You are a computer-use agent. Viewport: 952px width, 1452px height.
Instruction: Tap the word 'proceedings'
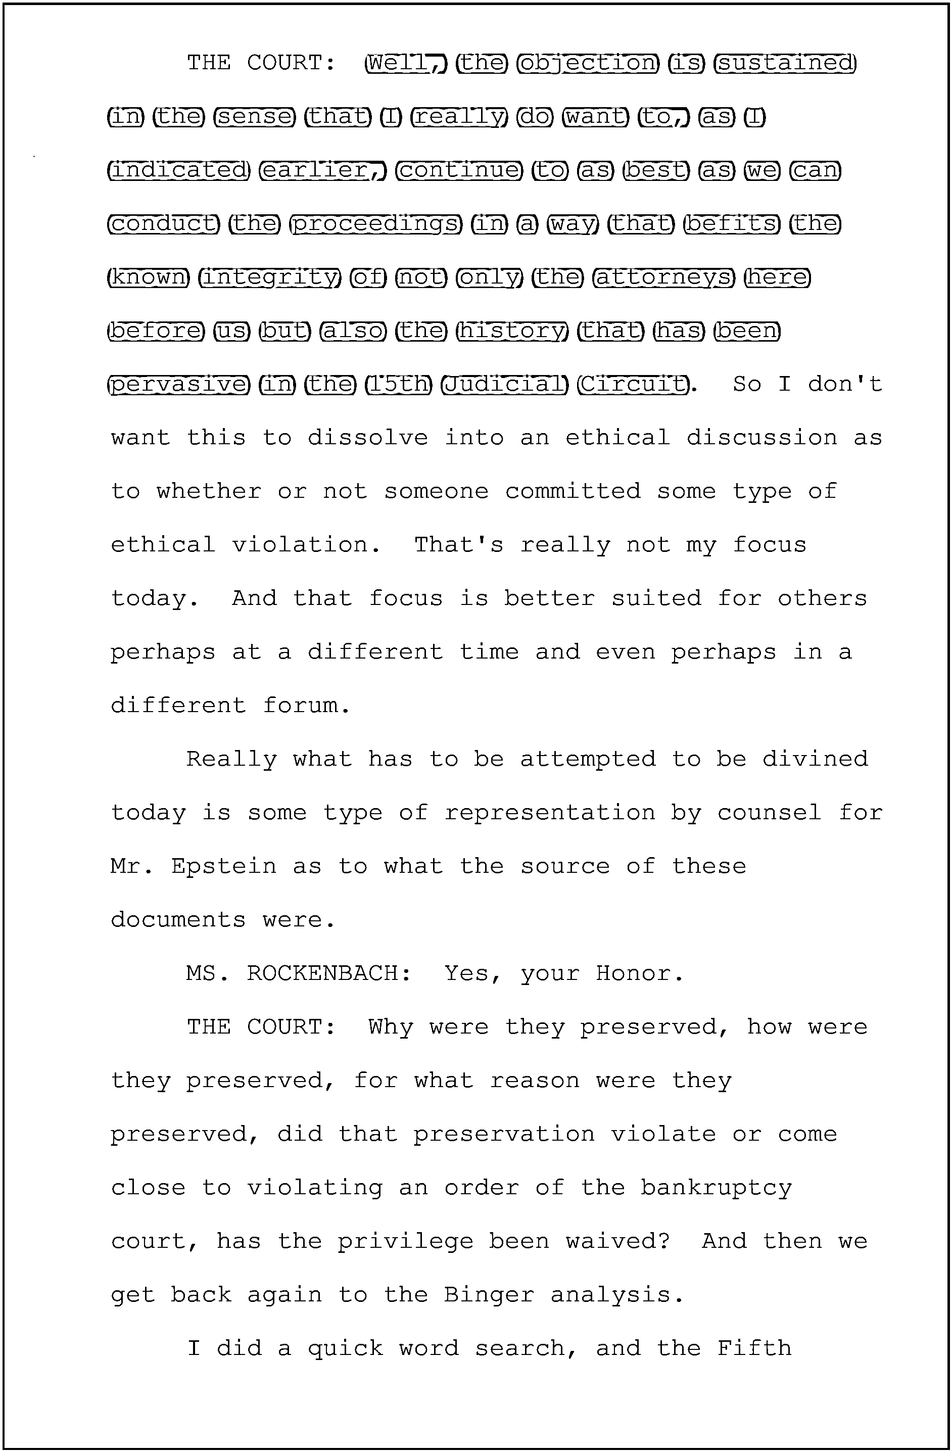point(375,224)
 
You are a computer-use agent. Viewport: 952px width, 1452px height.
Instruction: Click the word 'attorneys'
point(663,277)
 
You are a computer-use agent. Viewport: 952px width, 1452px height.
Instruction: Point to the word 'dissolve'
point(367,438)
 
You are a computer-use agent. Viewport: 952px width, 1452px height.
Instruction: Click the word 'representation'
point(549,813)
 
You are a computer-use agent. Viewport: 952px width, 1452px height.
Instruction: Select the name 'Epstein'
point(224,866)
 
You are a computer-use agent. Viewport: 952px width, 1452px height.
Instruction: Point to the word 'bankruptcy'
point(716,1188)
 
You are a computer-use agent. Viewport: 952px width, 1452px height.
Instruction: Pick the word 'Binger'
point(489,1295)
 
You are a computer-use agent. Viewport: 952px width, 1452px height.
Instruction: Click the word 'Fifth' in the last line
point(754,1348)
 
